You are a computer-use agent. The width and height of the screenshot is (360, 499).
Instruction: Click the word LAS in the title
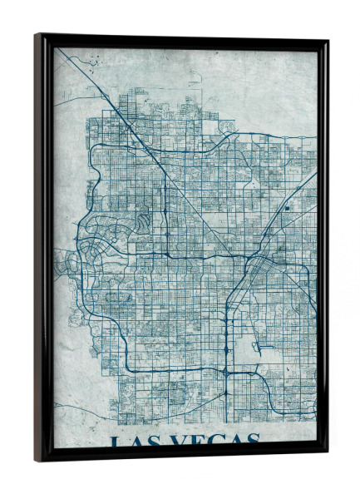(132, 441)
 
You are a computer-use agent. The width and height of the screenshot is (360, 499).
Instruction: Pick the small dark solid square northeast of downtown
(286, 208)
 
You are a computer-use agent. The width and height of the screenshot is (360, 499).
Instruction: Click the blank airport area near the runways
(249, 333)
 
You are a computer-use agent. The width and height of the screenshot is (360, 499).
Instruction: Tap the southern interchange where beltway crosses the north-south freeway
(227, 373)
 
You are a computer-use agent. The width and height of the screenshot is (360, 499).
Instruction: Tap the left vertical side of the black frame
(40, 249)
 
